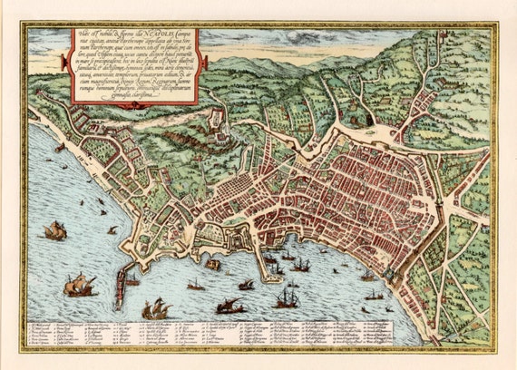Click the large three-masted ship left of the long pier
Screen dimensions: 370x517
pos(80,286)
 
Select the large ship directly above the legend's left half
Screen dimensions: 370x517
pos(157,309)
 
